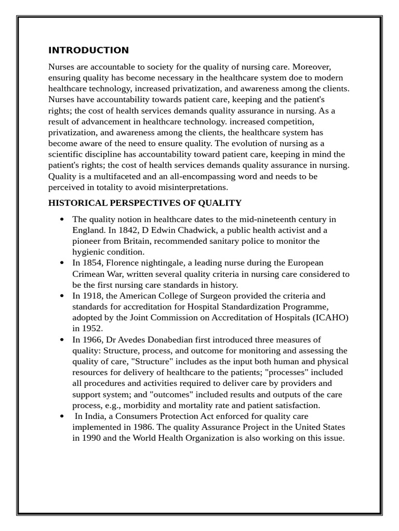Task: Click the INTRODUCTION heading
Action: [x=88, y=50]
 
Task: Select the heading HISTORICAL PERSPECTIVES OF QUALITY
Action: [x=145, y=203]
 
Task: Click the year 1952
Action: [x=91, y=328]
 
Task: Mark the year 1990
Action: [x=91, y=438]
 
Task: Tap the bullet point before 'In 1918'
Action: [x=62, y=296]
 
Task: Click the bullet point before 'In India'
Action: [x=62, y=416]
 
